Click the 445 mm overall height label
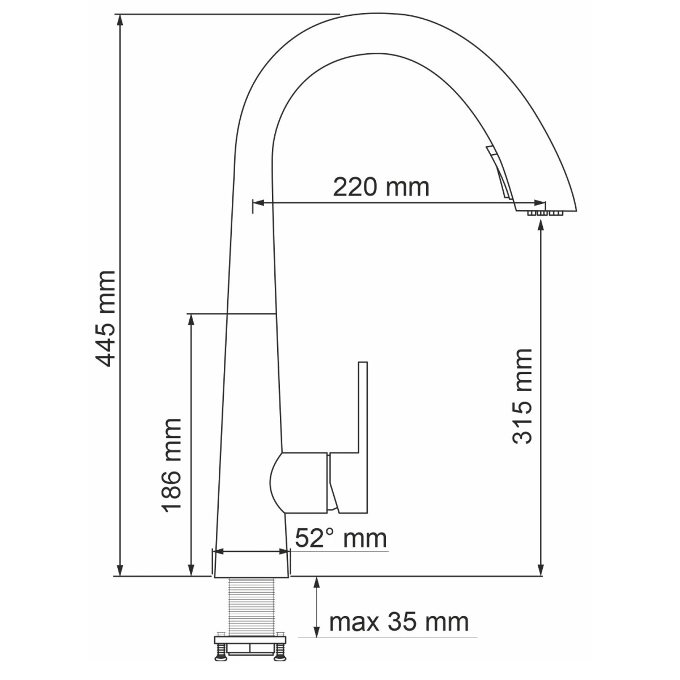click(105, 319)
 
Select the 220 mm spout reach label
click(381, 187)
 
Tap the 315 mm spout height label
click(522, 397)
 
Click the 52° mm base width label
click(341, 538)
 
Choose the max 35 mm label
click(399, 622)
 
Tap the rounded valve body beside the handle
click(299, 483)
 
